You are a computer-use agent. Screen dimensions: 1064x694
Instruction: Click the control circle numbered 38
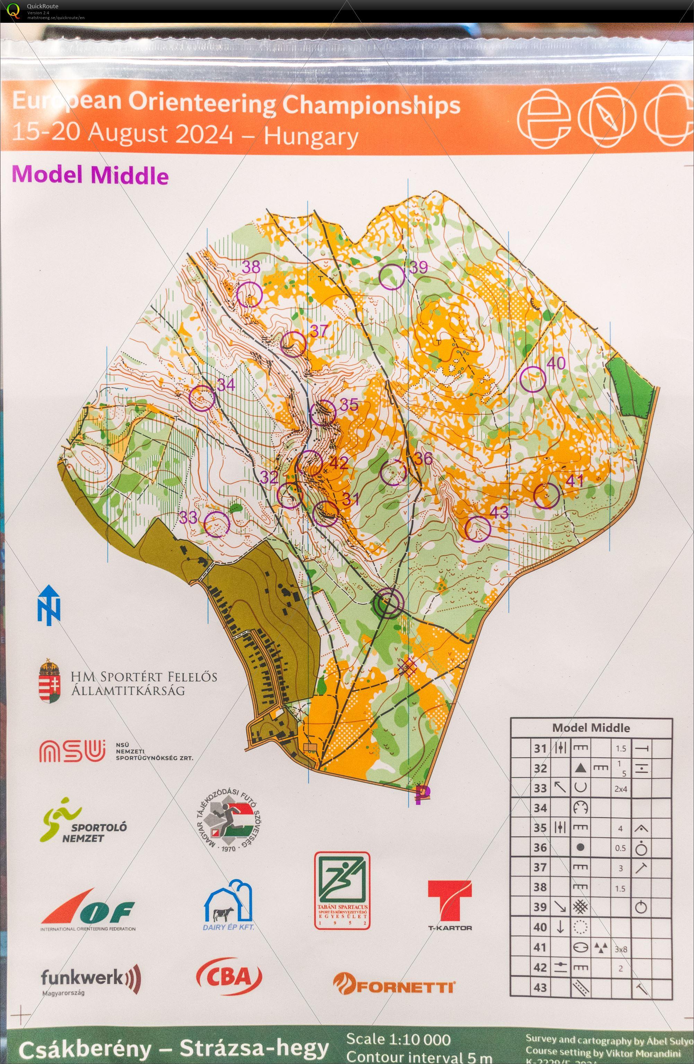[249, 294]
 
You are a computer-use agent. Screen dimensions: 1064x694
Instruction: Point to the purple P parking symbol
[422, 794]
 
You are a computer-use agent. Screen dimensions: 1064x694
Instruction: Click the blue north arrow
[49, 605]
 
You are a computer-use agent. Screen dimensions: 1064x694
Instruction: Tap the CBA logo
[229, 976]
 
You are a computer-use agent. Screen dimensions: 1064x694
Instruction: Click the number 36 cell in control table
[540, 848]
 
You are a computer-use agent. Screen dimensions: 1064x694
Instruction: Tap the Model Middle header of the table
[591, 728]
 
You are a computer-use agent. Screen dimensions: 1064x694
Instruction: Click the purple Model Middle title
[90, 175]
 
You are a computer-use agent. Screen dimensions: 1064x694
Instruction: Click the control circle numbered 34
[202, 398]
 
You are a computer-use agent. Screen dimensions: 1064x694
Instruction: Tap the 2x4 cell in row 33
[620, 789]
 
